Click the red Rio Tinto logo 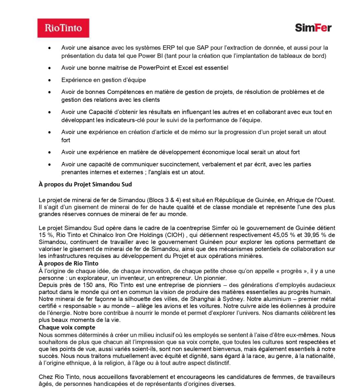[63, 28]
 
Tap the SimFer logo [313, 28]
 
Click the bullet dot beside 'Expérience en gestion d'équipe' [50, 80]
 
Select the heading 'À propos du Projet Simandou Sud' [85, 184]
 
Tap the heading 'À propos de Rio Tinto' [68, 263]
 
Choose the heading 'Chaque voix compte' [67, 327]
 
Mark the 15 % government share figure [46, 235]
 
